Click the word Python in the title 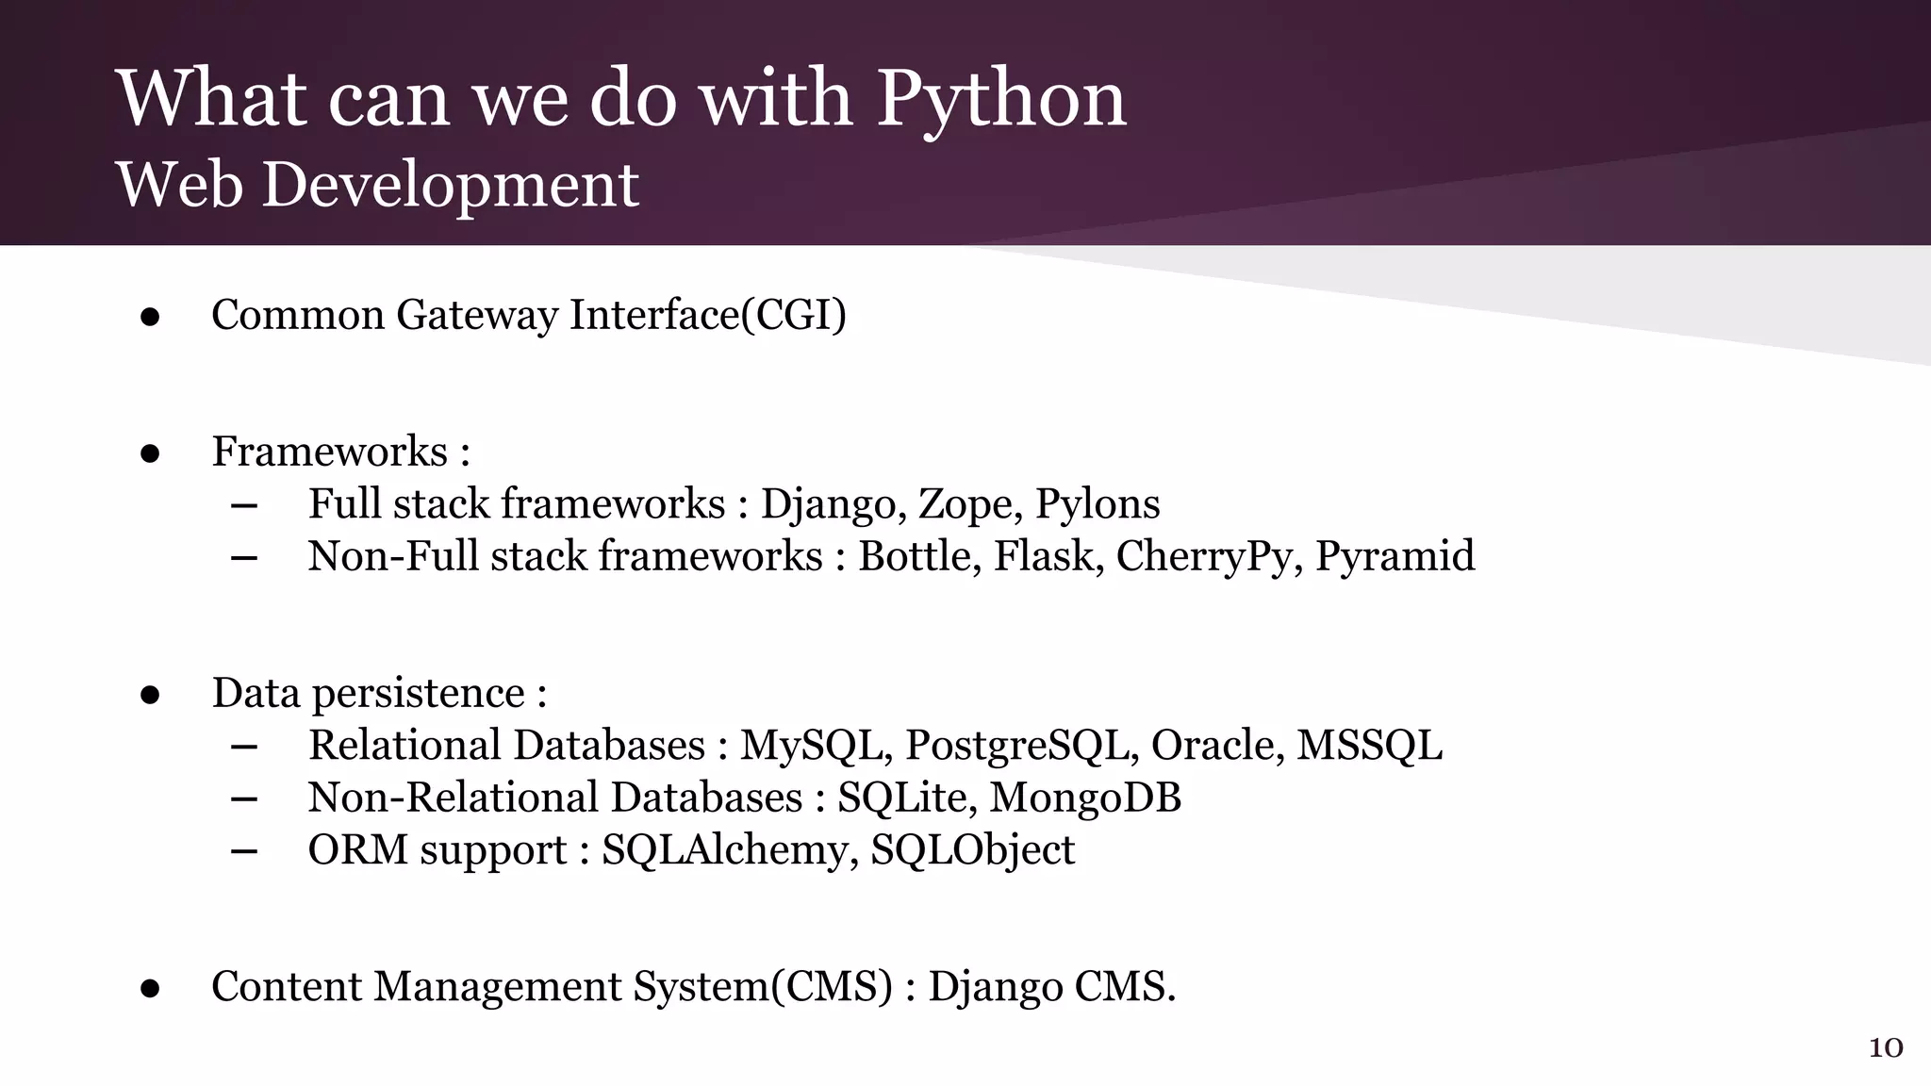click(x=1001, y=100)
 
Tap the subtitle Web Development click(x=377, y=184)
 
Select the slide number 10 click(x=1886, y=1048)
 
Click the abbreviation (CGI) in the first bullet click(x=794, y=315)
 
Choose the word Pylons click(x=1098, y=504)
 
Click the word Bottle click(x=919, y=556)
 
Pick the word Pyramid click(x=1395, y=556)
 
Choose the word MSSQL click(x=1369, y=746)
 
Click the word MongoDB click(x=1085, y=798)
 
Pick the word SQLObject click(x=972, y=850)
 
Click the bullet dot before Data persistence click(x=150, y=696)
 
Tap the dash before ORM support click(x=244, y=851)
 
